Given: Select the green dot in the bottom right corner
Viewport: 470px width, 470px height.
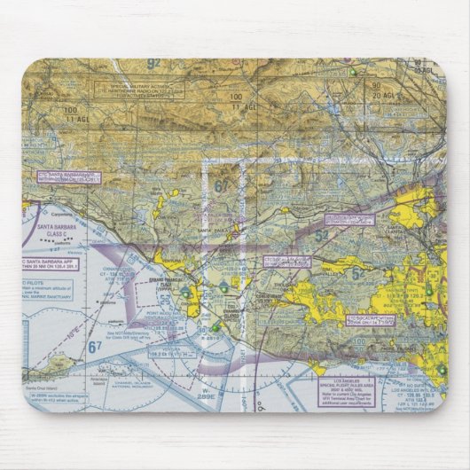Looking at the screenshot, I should pyautogui.click(x=441, y=368).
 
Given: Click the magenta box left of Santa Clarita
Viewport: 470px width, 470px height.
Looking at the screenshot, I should pyautogui.click(x=349, y=219).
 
